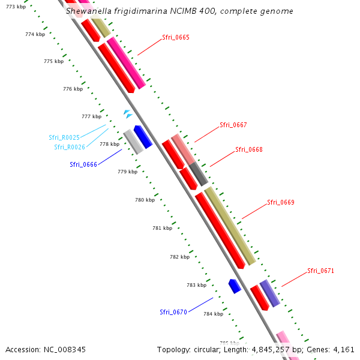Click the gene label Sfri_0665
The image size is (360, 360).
point(176,37)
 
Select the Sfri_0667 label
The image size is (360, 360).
point(233,125)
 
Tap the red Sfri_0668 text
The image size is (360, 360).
point(249,149)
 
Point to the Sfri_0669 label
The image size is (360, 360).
point(281,202)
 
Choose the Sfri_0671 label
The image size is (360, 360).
point(321,271)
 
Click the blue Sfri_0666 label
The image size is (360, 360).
point(83,164)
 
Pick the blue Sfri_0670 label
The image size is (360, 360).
point(173,312)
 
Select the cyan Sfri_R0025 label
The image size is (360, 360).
point(64,137)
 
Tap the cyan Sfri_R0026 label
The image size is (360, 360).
point(70,147)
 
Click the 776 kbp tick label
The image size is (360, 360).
point(73,89)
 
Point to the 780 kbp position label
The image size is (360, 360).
point(145,200)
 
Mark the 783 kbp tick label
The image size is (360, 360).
point(197,285)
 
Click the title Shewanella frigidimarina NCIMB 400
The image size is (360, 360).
point(179,11)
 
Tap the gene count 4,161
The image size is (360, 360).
point(344,349)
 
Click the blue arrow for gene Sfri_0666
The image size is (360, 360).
point(143,137)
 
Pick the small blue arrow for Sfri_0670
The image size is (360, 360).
point(235,286)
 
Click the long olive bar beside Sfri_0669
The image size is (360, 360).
point(230,226)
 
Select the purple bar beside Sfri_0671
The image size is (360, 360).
point(269,293)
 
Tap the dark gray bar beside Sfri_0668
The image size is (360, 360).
point(199,173)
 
